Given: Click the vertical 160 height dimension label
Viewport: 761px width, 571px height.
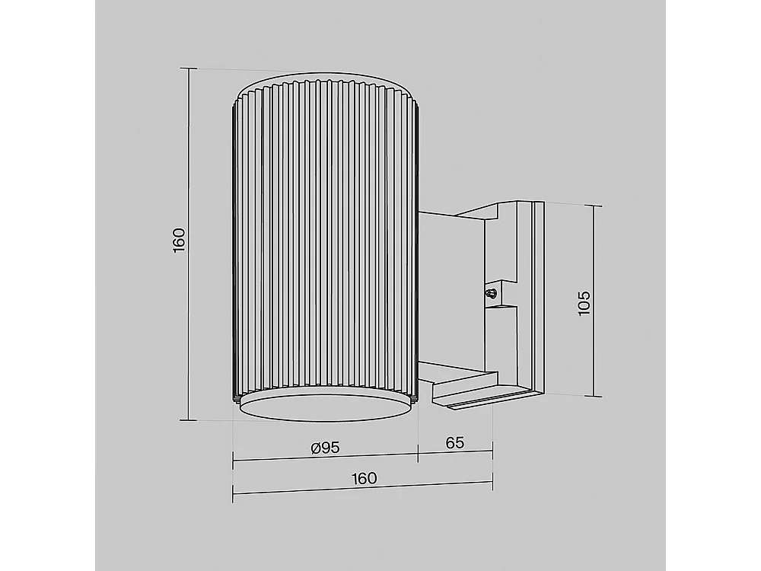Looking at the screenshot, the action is (x=179, y=239).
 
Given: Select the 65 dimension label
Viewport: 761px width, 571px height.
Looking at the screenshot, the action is (x=455, y=442).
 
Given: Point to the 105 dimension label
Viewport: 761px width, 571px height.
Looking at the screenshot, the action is (x=584, y=303).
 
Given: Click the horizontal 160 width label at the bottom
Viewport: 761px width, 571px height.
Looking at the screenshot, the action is (x=364, y=478).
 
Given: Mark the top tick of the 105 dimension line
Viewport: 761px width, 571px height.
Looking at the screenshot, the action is (x=593, y=206).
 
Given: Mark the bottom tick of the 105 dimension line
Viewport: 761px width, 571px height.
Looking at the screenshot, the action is (x=594, y=397).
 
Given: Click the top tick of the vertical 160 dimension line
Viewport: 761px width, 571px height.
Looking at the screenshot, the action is (x=189, y=69).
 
